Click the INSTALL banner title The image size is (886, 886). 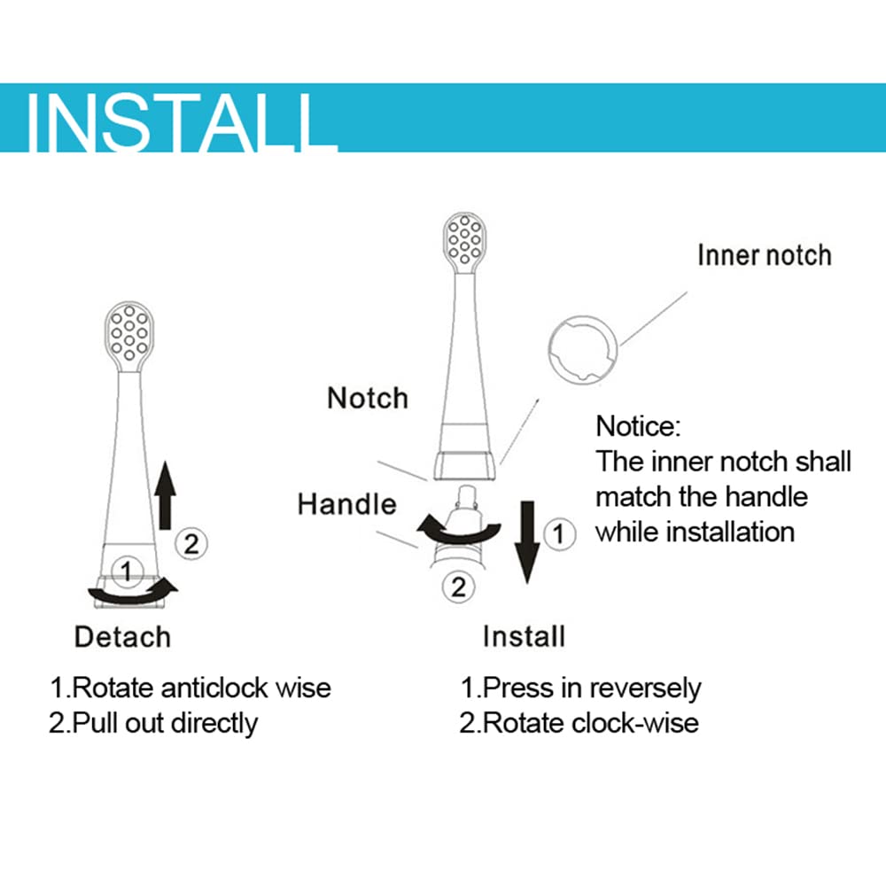point(181,123)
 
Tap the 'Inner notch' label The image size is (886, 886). point(765,255)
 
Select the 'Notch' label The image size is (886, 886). point(368,399)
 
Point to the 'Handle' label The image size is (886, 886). point(347,504)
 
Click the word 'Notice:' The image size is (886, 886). point(638,426)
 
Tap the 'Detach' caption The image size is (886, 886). point(122,637)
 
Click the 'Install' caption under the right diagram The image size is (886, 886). point(524,636)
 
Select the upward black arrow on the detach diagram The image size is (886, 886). point(165,495)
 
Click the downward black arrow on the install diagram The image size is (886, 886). point(526,542)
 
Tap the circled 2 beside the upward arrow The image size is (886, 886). point(191,544)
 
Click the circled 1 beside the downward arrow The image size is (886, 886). point(559,534)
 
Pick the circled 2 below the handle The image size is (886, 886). point(458,587)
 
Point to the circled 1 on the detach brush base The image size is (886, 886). point(127,571)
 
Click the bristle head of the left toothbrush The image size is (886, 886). point(129,335)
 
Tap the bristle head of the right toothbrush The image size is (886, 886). point(464,242)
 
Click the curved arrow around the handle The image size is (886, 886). point(459,534)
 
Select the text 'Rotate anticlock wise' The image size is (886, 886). point(202,688)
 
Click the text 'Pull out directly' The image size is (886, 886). point(165,723)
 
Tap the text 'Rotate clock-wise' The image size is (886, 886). point(591,723)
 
